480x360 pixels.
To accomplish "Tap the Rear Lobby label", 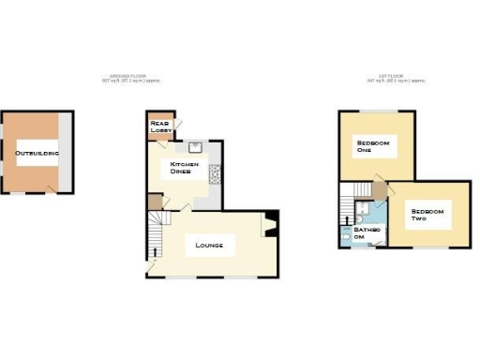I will (x=160, y=125).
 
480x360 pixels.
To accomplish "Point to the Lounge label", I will (x=208, y=246).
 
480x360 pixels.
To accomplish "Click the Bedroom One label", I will (x=373, y=146).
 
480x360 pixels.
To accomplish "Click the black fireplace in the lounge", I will (x=269, y=225).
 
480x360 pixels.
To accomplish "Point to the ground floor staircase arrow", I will (x=156, y=251).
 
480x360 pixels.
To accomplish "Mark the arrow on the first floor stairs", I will (x=347, y=221).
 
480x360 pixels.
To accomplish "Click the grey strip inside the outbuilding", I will (x=65, y=152).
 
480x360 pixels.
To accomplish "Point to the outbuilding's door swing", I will (x=52, y=187).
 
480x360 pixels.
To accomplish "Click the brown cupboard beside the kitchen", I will (x=154, y=202).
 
